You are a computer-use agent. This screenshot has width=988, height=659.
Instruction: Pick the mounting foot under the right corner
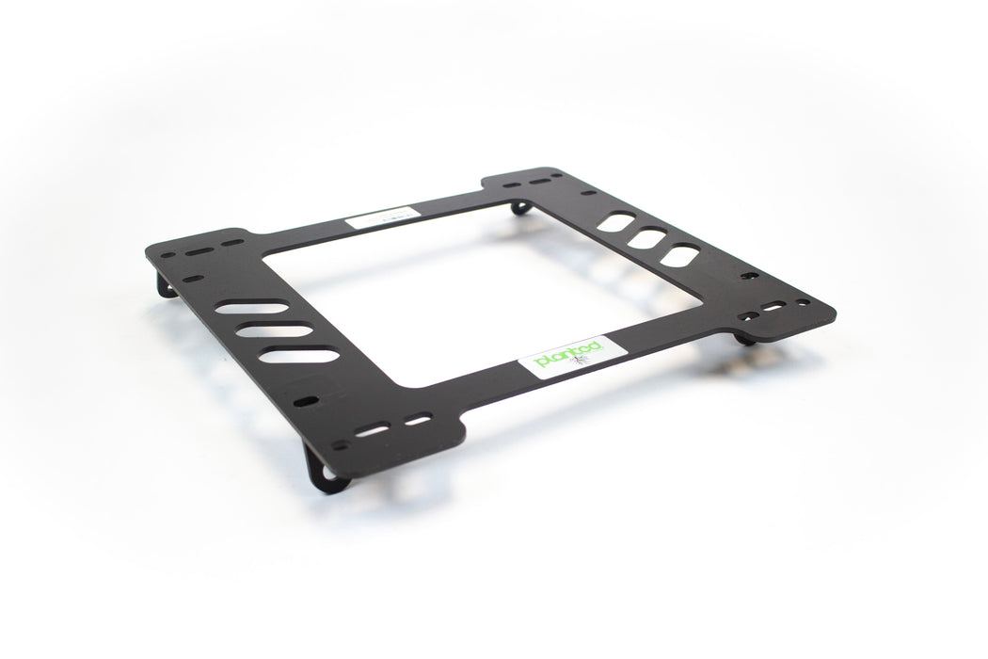pos(745,336)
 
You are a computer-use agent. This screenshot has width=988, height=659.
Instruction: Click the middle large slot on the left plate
pos(273,330)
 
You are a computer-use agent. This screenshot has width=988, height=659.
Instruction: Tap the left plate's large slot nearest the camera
pos(298,355)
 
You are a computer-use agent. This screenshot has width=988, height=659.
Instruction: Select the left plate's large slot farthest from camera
pos(250,307)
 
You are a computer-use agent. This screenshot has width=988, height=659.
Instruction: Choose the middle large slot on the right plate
pos(646,238)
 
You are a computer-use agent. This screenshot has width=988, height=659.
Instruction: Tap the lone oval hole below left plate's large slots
pos(306,402)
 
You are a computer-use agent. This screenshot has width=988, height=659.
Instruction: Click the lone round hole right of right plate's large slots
pos(750,276)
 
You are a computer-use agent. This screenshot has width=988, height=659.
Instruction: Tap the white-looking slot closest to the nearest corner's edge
pos(374,430)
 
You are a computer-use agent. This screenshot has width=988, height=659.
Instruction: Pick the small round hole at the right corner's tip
pos(803,303)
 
